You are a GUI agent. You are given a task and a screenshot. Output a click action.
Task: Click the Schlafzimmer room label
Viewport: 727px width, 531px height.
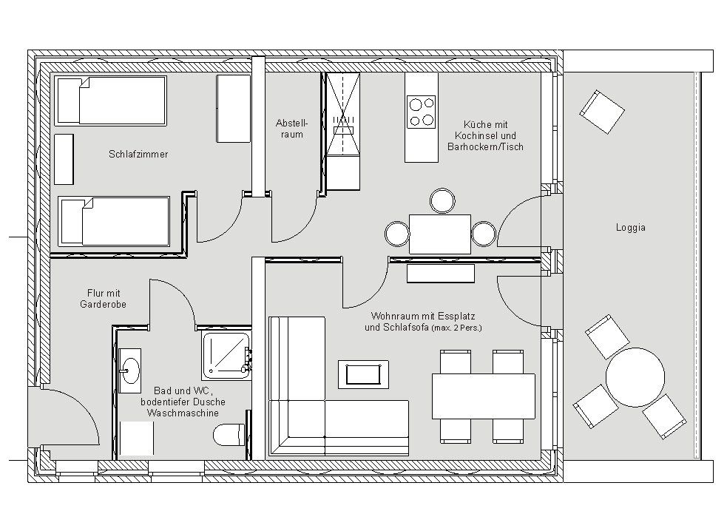[138, 154]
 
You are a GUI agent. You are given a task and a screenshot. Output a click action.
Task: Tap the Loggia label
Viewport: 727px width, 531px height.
[631, 228]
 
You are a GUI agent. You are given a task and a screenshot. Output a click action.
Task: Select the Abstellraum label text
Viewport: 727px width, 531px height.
[291, 129]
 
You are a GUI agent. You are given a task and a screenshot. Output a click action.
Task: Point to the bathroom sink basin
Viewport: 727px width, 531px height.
[129, 371]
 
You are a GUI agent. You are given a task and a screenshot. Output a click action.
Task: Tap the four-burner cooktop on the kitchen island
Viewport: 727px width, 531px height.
[421, 112]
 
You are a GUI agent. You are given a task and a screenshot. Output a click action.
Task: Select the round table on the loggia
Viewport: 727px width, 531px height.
[635, 377]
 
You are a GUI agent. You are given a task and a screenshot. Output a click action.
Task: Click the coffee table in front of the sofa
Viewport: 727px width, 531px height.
[363, 374]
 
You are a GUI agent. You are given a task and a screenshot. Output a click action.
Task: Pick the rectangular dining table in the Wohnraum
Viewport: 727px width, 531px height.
[483, 396]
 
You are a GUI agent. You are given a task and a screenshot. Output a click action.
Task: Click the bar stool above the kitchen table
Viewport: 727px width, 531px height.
[443, 201]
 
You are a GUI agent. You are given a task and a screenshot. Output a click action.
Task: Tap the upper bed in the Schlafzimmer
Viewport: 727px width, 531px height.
[110, 101]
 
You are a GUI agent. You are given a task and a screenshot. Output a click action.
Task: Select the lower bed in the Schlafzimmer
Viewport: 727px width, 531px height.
[114, 221]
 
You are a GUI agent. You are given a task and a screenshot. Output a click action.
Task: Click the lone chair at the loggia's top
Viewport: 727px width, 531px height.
[602, 112]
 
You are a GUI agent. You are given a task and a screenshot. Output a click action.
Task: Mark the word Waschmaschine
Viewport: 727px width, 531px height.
[183, 413]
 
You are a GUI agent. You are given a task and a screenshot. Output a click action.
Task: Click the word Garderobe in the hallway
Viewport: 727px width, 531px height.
[103, 304]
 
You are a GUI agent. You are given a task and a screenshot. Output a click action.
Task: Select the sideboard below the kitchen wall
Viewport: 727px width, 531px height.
[441, 273]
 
